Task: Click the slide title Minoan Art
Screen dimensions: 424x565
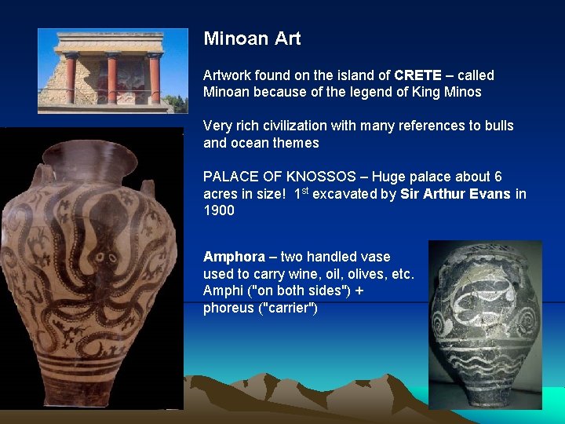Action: (x=252, y=38)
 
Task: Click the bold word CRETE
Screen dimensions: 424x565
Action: (x=419, y=75)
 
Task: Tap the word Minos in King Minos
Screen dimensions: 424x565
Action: (x=463, y=92)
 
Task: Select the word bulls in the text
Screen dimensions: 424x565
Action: (x=498, y=126)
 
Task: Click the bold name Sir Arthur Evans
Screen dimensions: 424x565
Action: (x=455, y=194)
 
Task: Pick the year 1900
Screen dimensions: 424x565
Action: (x=218, y=210)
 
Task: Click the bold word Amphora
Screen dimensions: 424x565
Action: (x=234, y=257)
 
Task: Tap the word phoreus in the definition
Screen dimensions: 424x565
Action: (x=228, y=308)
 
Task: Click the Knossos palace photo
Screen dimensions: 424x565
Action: (x=112, y=71)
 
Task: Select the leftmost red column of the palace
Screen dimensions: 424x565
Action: (x=71, y=79)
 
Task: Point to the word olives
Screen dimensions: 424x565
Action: (x=366, y=274)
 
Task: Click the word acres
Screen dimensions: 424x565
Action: (x=221, y=194)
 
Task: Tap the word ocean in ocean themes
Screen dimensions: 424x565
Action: (x=249, y=143)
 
